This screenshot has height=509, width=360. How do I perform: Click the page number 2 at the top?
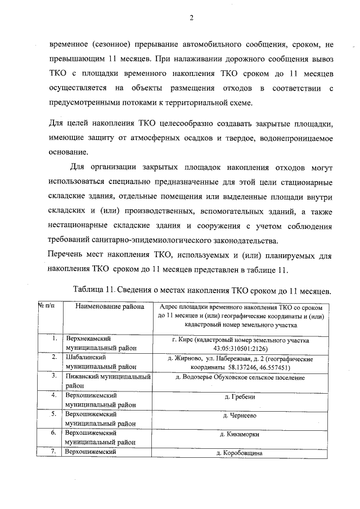(x=191, y=17)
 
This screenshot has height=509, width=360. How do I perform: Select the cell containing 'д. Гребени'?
(x=240, y=397)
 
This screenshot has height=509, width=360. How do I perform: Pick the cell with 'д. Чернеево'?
(x=240, y=416)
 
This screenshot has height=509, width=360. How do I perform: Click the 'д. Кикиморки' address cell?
(x=240, y=435)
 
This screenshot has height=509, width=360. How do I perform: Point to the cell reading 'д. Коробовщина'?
(x=240, y=453)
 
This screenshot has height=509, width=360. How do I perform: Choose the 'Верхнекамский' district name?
(x=86, y=339)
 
